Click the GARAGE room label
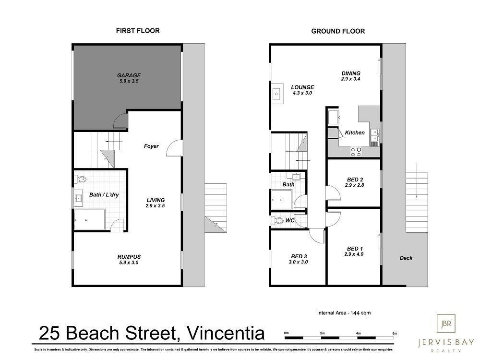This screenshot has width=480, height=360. pos(129,75)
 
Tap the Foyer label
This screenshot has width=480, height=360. pos(151,146)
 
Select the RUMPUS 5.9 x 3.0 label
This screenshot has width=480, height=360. pos(129,260)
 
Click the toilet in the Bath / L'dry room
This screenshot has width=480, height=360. pos(81,179)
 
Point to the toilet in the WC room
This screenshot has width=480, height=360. pos(277,220)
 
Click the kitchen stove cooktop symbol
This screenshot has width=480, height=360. pos(356,152)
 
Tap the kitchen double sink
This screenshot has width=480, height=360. pos(374,138)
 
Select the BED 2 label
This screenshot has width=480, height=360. pos(355,180)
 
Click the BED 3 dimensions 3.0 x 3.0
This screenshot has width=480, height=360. pos(298,262)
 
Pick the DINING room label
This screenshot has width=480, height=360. pos(351,73)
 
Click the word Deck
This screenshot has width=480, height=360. pos(406,258)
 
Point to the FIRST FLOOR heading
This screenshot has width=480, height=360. pos(138,31)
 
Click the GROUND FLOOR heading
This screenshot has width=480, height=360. pos(338,31)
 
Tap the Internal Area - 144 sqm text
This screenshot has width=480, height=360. pos(344,313)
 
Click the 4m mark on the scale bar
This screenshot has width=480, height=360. pos(358,333)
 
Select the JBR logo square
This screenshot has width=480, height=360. pos(446,323)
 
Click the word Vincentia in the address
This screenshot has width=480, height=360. pos(226,334)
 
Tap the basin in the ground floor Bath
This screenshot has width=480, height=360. pos(296,176)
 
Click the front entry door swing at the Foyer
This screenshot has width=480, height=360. pos(175,148)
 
